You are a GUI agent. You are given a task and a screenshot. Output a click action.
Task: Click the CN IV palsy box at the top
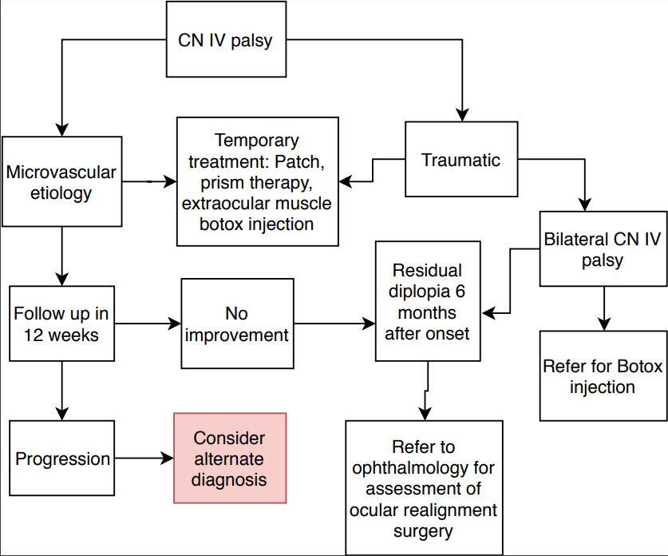(x=225, y=40)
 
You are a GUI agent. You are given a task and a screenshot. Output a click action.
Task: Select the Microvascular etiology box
(x=61, y=181)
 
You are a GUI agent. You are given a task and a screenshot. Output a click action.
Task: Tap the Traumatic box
(x=461, y=160)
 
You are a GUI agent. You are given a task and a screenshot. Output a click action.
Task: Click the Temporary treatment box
(x=256, y=182)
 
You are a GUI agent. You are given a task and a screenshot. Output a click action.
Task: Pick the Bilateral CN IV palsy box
(x=603, y=248)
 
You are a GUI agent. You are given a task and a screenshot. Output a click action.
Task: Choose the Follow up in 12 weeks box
(x=61, y=324)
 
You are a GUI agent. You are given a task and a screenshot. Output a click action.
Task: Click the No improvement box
(x=237, y=324)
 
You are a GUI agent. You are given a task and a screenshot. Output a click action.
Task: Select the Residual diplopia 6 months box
(x=428, y=300)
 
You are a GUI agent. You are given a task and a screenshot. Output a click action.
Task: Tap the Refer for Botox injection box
(x=603, y=375)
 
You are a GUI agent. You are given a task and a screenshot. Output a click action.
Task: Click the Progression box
(x=62, y=459)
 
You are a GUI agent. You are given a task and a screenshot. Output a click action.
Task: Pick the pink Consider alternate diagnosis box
(x=230, y=458)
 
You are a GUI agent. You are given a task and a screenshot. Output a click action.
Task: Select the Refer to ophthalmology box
(x=424, y=487)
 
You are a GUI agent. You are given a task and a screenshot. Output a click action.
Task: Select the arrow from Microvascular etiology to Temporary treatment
(x=152, y=181)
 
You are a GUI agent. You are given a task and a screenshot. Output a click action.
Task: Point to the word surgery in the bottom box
(x=424, y=530)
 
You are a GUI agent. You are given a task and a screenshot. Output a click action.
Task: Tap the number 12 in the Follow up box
(x=29, y=334)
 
